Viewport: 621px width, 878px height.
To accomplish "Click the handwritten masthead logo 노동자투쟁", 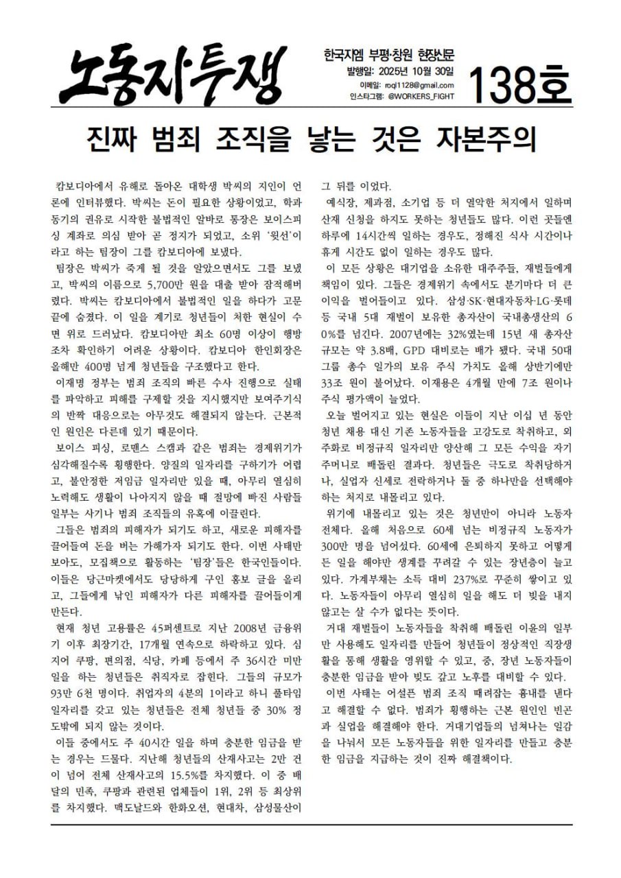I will pyautogui.click(x=172, y=72).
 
